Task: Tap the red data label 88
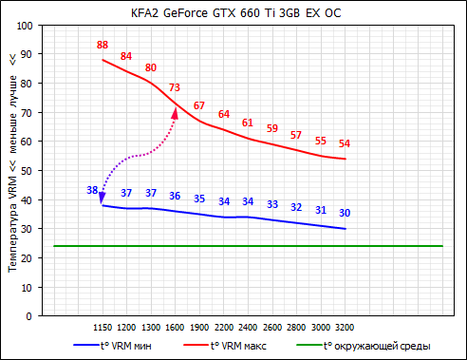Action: (103, 45)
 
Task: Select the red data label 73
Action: (175, 87)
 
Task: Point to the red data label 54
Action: (345, 143)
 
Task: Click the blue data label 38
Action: (92, 190)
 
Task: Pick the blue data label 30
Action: (345, 213)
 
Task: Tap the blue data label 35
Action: (199, 199)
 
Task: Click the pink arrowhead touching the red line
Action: (174, 112)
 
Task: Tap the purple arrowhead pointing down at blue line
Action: (102, 198)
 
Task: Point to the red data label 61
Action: (248, 123)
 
